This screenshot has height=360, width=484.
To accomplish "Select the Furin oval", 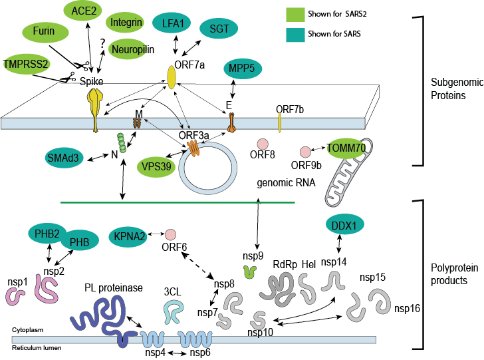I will tap(47, 31).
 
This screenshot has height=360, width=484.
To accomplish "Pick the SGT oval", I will tap(220, 29).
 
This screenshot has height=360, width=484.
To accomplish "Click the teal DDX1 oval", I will tap(346, 226).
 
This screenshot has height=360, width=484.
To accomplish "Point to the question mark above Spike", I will tap(102, 43).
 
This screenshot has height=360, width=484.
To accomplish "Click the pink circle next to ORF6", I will tap(171, 235).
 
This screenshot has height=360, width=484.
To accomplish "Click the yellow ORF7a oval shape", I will tap(171, 77).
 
